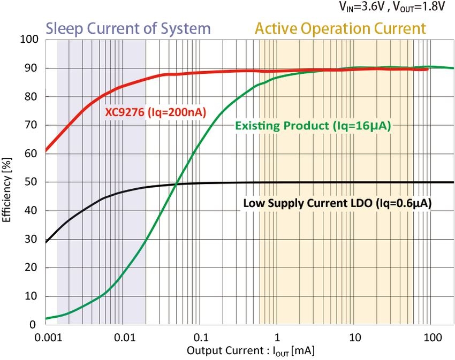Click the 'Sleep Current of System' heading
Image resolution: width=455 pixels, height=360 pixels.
(x=128, y=28)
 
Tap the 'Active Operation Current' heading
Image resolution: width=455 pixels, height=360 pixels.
(x=340, y=28)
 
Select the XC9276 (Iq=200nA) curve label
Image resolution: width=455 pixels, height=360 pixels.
(x=156, y=112)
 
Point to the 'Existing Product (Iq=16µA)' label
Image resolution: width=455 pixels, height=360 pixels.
(x=313, y=126)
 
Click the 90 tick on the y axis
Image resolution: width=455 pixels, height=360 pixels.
(x=30, y=68)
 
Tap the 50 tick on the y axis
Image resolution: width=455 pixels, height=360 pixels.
(x=30, y=182)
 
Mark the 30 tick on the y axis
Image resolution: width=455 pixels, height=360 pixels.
(x=30, y=239)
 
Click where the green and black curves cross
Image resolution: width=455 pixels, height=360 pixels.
(x=177, y=185)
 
